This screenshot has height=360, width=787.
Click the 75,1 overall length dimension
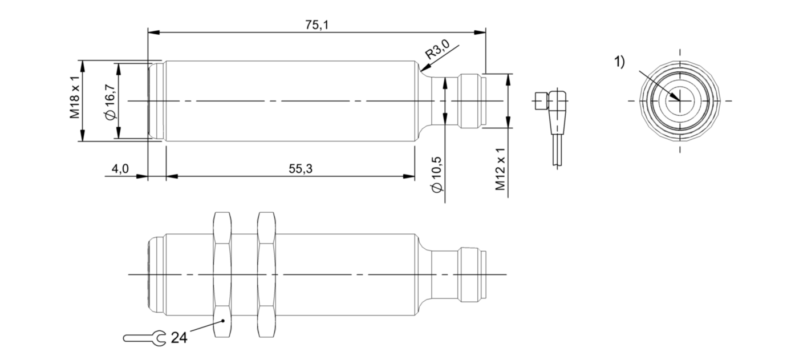317,25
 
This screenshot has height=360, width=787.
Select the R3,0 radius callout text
437,49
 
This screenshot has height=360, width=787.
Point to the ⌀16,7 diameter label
110,102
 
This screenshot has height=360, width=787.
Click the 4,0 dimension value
120,169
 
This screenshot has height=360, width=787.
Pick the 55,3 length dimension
301,169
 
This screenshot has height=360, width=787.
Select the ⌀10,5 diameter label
437,175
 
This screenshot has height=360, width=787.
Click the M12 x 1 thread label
500,169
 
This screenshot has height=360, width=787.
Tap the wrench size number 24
179,338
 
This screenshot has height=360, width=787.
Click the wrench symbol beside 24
144,338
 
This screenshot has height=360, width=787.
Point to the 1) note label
619,62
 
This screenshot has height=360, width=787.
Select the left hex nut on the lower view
222,274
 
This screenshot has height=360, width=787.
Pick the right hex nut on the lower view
266,274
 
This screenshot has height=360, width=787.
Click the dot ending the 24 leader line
223,321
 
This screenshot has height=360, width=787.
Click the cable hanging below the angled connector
557,150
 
